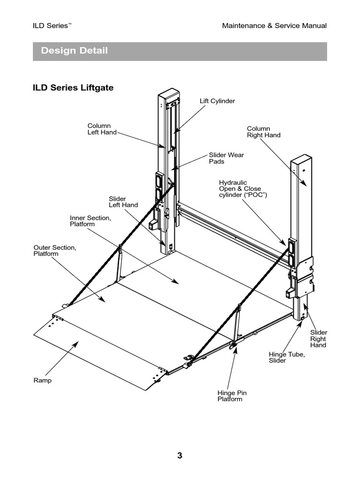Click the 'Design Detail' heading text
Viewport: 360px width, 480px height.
tap(74, 51)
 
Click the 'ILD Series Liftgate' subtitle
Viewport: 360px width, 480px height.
tap(73, 88)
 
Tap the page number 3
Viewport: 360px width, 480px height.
tap(180, 456)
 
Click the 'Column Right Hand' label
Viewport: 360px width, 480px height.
tap(263, 132)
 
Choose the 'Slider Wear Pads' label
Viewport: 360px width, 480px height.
tap(226, 158)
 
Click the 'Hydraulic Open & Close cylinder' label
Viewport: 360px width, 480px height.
tap(243, 188)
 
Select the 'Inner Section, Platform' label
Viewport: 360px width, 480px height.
tap(90, 221)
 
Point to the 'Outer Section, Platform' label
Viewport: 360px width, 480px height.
tap(54, 250)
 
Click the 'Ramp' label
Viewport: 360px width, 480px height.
tap(42, 380)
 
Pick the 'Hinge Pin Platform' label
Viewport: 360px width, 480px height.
tap(230, 396)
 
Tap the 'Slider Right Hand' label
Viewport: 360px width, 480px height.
tap(318, 338)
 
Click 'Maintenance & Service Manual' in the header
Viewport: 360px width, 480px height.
tap(274, 26)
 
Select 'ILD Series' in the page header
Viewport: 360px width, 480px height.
tap(52, 26)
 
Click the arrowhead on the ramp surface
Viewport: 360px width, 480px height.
tap(74, 345)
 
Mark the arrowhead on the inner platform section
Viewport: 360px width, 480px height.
tap(176, 282)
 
